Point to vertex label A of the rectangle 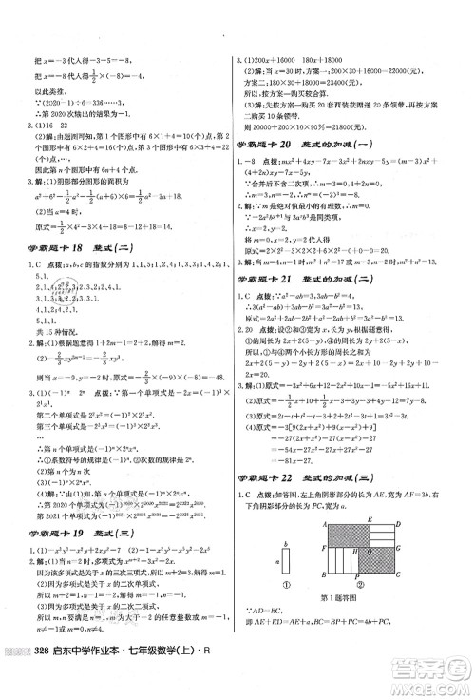click(x=325, y=525)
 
